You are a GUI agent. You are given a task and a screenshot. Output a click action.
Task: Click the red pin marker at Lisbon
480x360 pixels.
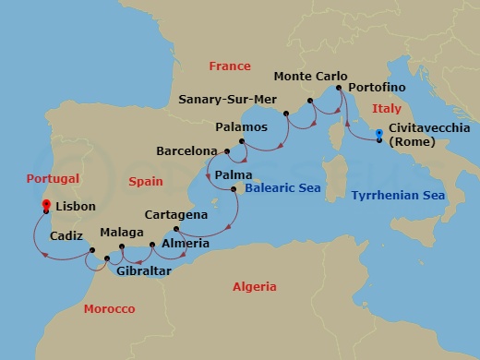coord(46,206)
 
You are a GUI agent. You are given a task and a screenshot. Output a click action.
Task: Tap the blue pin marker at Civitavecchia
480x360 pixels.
coord(379,138)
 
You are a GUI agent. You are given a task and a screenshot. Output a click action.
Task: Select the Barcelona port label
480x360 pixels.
coord(186,150)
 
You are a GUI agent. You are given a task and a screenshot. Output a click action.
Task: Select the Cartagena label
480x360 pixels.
coord(176,214)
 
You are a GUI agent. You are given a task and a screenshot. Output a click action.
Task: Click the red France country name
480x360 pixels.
coord(230,66)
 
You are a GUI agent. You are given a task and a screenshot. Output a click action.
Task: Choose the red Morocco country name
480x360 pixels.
coord(109,308)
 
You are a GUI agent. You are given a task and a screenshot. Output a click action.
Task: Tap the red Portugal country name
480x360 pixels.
coord(54,178)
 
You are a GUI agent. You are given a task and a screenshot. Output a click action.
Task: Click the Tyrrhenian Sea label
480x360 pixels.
coord(398,196)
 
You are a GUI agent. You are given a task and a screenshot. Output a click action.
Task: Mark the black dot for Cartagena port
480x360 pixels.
coord(175,228)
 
